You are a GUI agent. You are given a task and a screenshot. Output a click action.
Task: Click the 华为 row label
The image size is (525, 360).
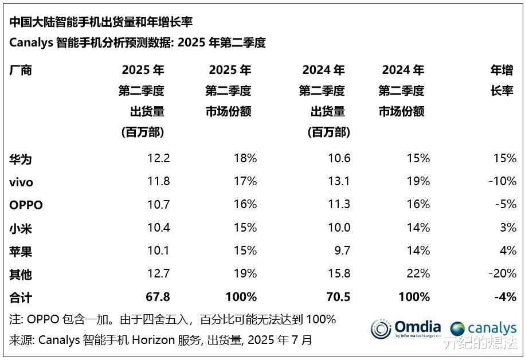21,159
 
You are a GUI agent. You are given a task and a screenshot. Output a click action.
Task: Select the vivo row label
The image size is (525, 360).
21,182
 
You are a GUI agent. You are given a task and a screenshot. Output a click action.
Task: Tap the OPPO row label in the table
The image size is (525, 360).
26,205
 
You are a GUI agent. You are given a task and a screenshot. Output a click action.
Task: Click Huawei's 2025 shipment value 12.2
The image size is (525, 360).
158,159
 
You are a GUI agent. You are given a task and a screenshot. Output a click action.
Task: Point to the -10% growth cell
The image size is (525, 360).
503,182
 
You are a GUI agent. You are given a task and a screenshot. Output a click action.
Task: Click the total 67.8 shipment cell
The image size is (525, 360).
158,297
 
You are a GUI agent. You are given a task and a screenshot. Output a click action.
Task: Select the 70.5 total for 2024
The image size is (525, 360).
338,297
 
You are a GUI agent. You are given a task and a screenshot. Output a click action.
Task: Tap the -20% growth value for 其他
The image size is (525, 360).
503,274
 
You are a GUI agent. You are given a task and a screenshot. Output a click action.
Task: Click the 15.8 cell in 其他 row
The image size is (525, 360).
338,274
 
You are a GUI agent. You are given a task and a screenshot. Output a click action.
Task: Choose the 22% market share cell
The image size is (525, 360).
418,274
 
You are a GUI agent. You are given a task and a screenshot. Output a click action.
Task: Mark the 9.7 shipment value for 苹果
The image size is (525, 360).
341,251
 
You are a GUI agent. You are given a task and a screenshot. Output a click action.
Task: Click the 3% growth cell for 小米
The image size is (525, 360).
508,228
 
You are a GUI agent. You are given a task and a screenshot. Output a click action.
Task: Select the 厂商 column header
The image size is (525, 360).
21,71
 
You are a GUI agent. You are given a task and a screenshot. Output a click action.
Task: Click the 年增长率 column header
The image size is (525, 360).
502,80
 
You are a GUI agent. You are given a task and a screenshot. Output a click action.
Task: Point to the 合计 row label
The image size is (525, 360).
21,297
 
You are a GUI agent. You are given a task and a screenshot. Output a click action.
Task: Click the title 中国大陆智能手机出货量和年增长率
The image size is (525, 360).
101,22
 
